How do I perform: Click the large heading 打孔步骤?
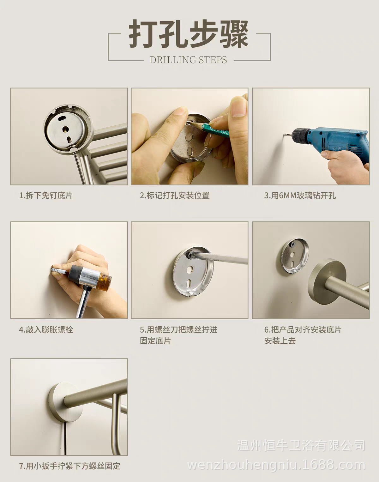[x=189, y=34]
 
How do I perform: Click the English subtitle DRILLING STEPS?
[x=188, y=60]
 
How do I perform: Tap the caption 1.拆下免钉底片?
[x=46, y=196]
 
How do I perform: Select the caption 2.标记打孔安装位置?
[x=175, y=196]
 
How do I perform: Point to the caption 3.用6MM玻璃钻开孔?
[x=300, y=196]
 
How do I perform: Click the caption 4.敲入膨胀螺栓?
[x=46, y=330]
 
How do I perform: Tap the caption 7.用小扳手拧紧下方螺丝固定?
[x=70, y=466]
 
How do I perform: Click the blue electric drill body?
[x=339, y=141]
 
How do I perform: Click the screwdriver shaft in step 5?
[x=222, y=257]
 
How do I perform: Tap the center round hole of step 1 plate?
[x=66, y=129]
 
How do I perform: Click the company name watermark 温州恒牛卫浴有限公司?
[x=301, y=446]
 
